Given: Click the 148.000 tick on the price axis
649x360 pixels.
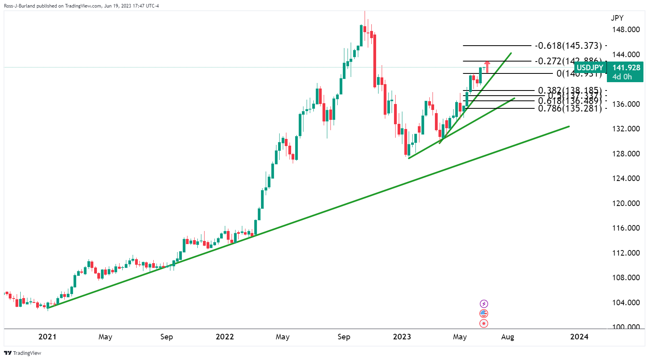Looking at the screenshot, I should tap(626, 30).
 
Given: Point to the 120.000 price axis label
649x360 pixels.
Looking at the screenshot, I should tap(626, 203).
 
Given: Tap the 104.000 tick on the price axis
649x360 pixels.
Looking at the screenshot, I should tap(626, 302).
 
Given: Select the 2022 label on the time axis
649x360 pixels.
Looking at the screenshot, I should tap(224, 337).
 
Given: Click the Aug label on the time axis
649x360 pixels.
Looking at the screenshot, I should tap(508, 337).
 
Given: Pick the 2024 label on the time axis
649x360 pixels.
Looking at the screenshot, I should tap(579, 337).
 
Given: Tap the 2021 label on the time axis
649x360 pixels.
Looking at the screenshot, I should tap(47, 337).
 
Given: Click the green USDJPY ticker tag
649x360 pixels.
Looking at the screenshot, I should tap(590, 68).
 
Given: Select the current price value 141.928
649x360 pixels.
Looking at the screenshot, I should tap(626, 68).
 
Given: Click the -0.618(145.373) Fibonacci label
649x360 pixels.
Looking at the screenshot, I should tap(568, 46).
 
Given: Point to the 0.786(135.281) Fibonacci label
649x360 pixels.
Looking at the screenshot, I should tap(570, 108).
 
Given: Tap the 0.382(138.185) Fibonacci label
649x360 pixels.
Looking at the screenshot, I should tap(570, 91).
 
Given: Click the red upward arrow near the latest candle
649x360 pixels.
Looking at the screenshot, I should tap(487, 66).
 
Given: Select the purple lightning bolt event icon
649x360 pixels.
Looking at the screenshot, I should tap(484, 304).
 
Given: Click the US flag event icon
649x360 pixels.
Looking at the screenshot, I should tap(484, 314).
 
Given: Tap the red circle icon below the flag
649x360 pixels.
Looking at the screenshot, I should tap(484, 323).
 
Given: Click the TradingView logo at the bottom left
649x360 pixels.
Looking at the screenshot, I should tap(23, 353).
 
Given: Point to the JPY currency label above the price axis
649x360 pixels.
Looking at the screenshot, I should tap(617, 18).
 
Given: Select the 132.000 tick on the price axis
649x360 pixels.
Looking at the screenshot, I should tap(626, 129).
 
